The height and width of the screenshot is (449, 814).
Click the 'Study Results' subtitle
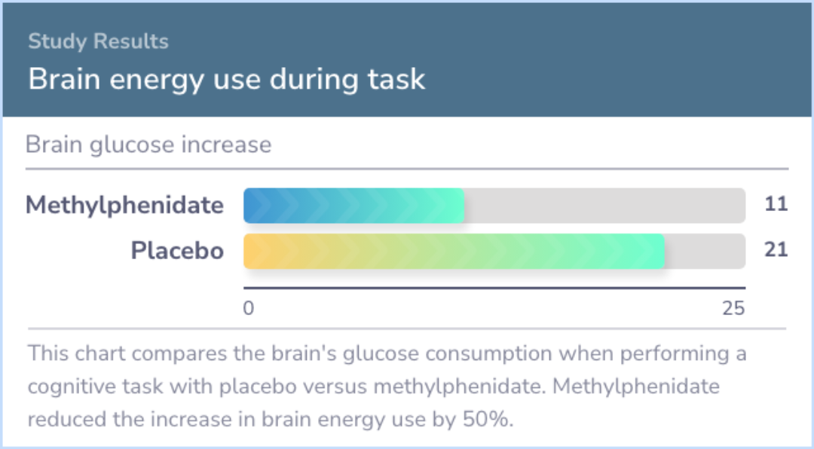[98, 41]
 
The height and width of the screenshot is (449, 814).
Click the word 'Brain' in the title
[64, 79]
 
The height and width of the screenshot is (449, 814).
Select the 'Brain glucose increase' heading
[148, 145]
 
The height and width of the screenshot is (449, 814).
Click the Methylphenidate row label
[124, 205]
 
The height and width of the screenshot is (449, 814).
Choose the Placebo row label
[178, 251]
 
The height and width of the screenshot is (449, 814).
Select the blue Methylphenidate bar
[354, 206]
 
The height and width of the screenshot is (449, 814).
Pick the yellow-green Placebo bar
[454, 251]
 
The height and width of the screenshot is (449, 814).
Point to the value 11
[776, 204]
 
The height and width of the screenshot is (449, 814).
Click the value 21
[776, 249]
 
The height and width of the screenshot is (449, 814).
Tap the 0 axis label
[249, 308]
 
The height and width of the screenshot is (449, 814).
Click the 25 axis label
[733, 308]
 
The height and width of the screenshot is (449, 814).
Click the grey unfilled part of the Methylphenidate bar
[604, 206]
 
